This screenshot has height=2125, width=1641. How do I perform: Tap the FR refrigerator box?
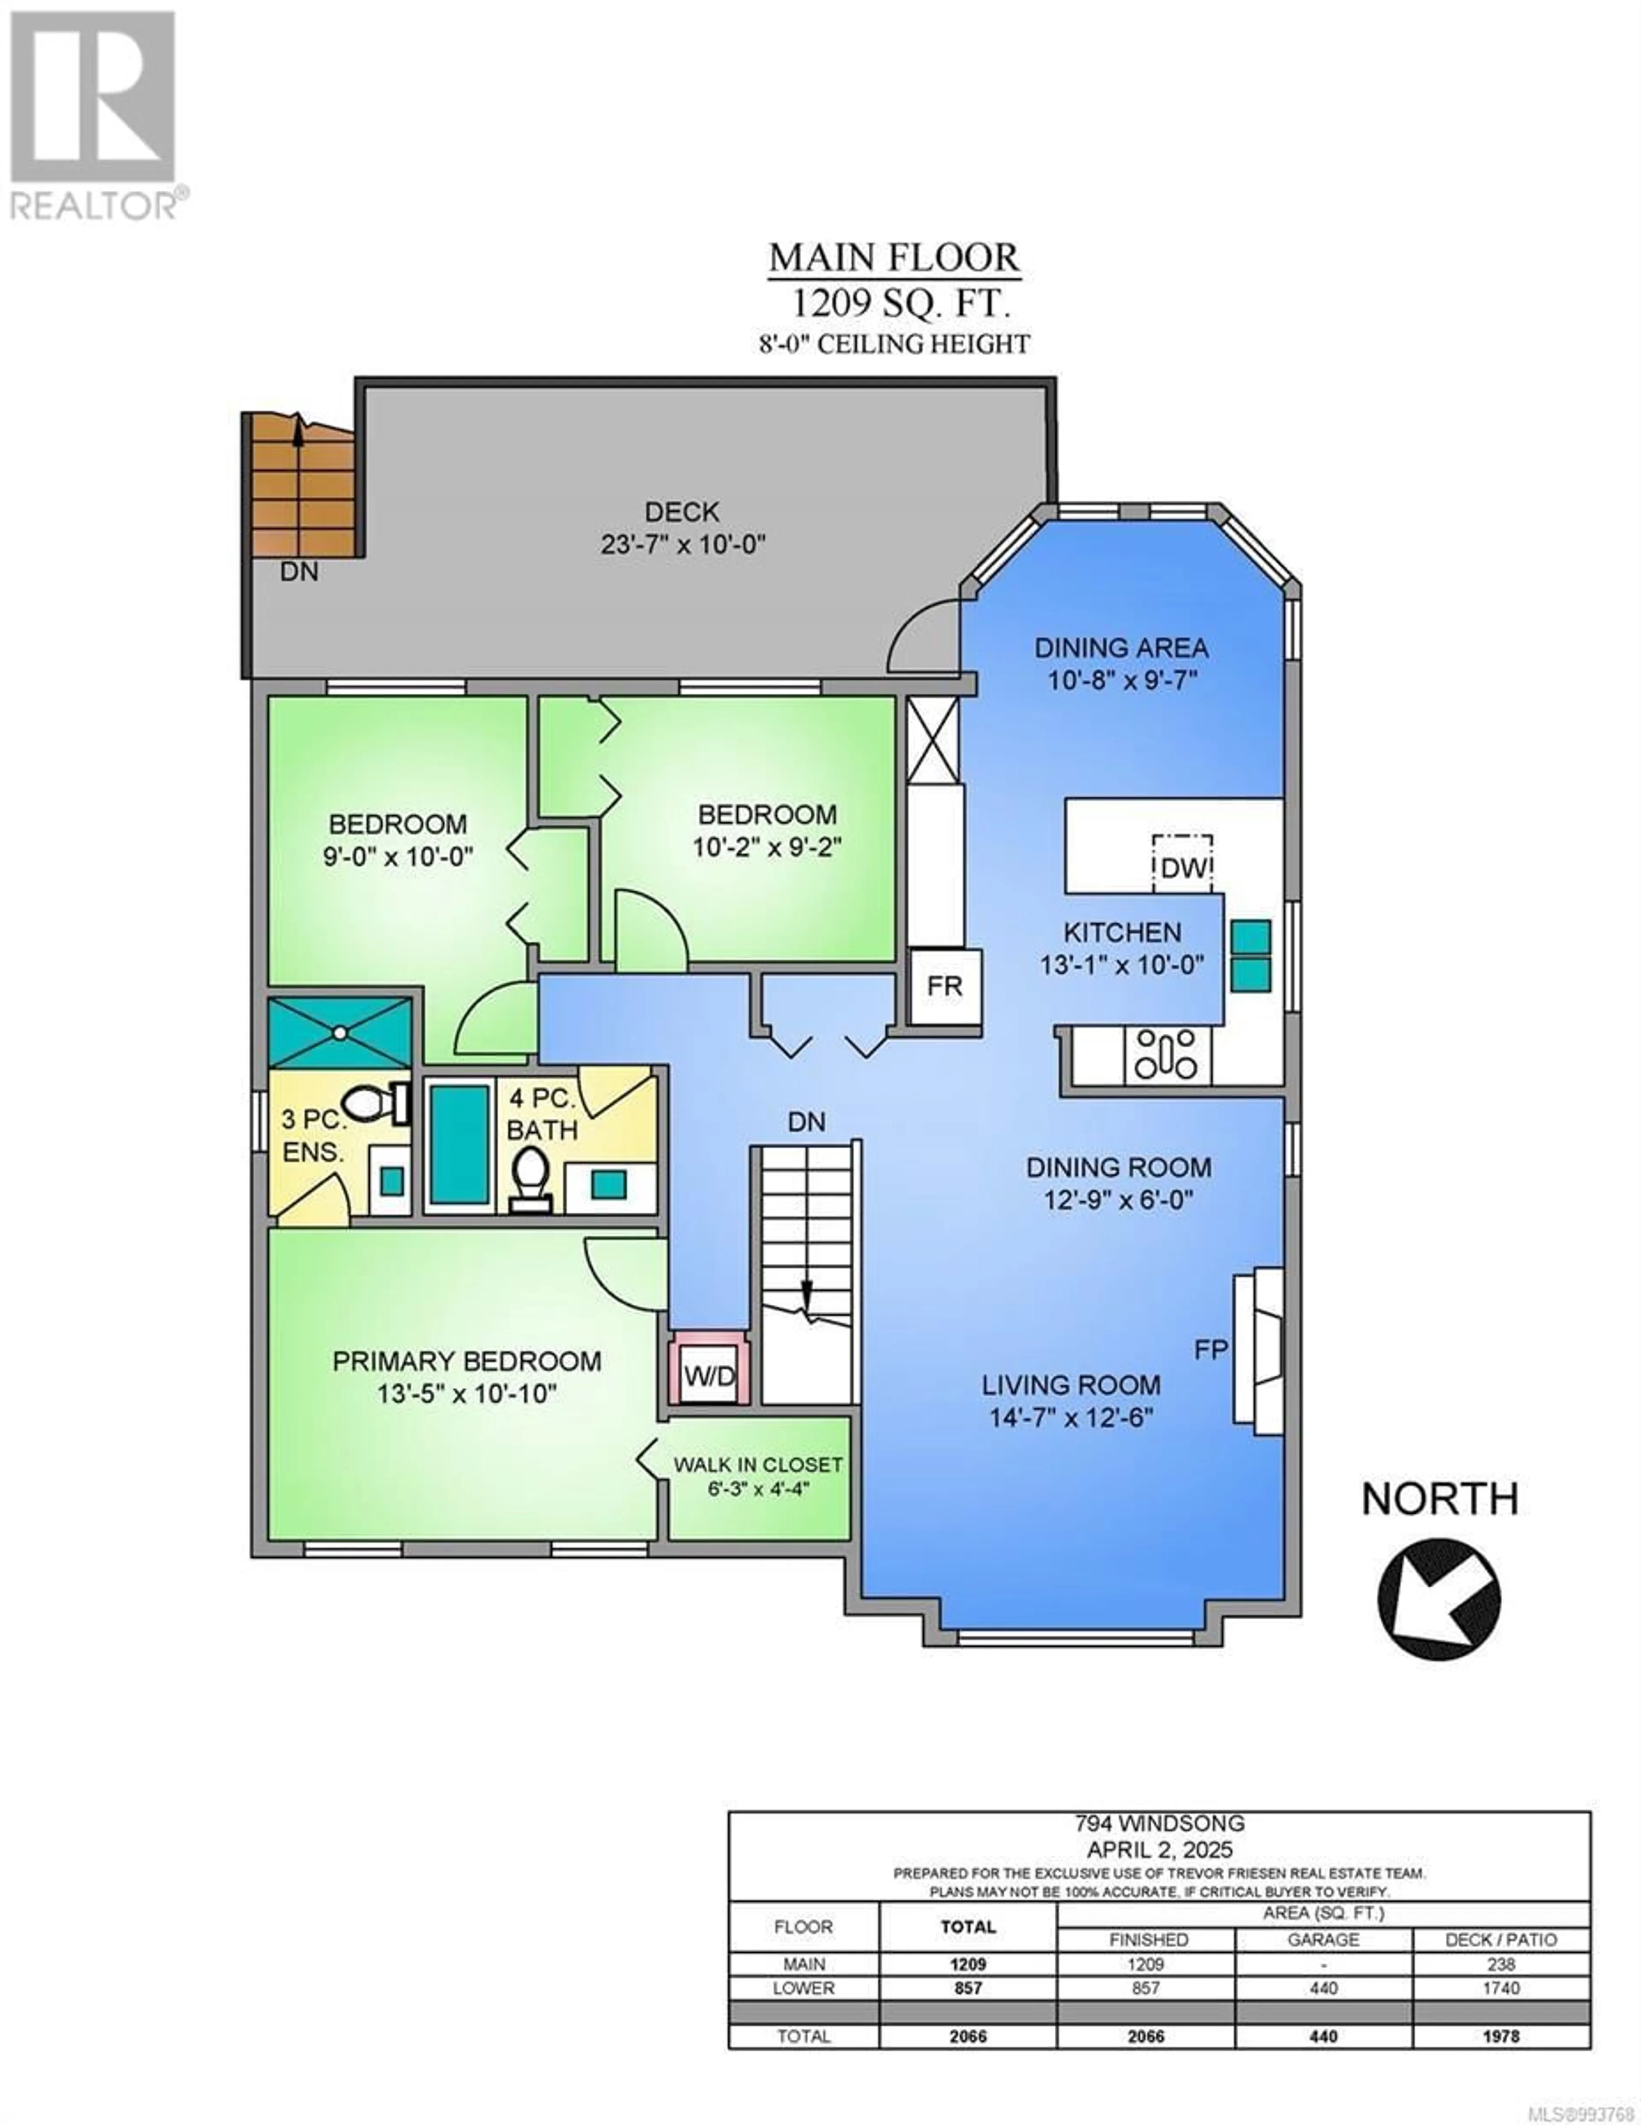(x=944, y=987)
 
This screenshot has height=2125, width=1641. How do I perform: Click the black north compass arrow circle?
(x=1439, y=1599)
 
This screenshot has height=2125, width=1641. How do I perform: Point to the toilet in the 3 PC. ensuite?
(x=374, y=1102)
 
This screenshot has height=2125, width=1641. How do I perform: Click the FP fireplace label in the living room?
(x=1211, y=1350)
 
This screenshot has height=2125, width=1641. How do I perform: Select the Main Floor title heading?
(x=894, y=258)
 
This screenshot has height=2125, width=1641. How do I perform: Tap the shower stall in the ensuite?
(x=341, y=1032)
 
